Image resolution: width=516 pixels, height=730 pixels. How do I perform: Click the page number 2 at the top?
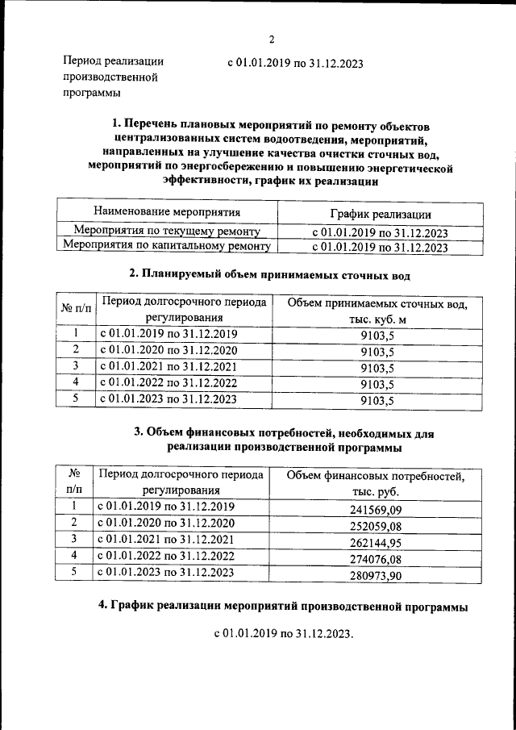tap(272, 40)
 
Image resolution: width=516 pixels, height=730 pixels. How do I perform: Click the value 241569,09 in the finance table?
tap(377, 509)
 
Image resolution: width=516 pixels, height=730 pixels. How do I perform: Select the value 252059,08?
tap(377, 525)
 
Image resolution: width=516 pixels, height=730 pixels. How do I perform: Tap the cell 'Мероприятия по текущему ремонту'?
tap(167, 231)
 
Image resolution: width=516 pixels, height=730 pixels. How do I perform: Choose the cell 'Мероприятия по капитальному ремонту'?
tap(167, 247)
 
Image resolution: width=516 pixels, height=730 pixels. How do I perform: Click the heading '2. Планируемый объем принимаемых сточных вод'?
tap(270, 275)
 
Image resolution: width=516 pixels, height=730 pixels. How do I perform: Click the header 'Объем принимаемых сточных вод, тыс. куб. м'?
tap(377, 313)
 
